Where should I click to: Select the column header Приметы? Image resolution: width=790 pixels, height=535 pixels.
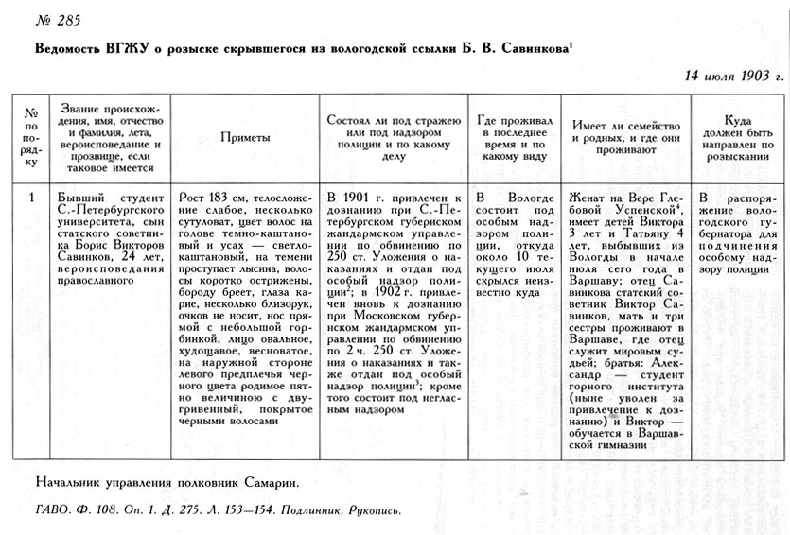(246, 137)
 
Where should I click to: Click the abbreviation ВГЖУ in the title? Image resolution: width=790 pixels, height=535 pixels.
(133, 48)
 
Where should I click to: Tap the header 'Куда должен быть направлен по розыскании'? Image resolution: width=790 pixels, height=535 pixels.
(737, 137)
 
